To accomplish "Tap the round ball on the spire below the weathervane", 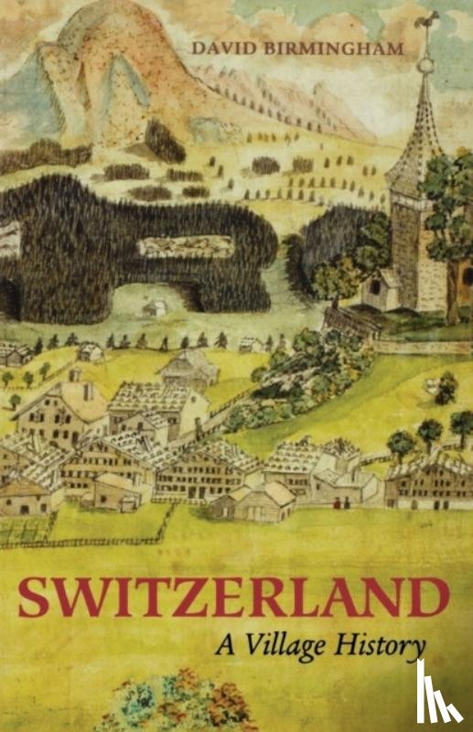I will [x=425, y=64].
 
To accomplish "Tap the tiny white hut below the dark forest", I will [x=155, y=308].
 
